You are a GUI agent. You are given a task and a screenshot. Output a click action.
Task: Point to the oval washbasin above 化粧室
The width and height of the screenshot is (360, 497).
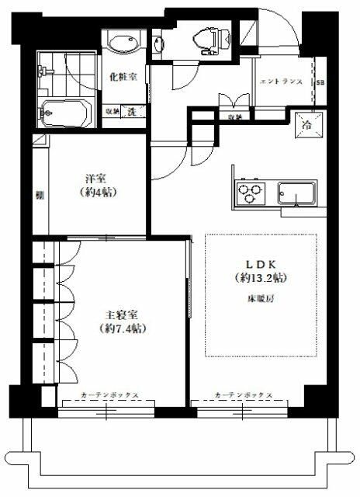click(x=123, y=45)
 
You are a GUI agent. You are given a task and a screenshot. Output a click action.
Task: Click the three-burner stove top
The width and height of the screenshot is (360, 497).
click(x=249, y=191)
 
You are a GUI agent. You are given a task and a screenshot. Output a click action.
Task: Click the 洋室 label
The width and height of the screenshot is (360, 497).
click(x=95, y=177)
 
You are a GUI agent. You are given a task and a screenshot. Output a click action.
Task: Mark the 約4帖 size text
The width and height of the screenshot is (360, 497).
click(x=96, y=192)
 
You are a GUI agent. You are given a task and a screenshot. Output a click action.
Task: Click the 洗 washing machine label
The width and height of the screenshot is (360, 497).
click(x=132, y=112)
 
